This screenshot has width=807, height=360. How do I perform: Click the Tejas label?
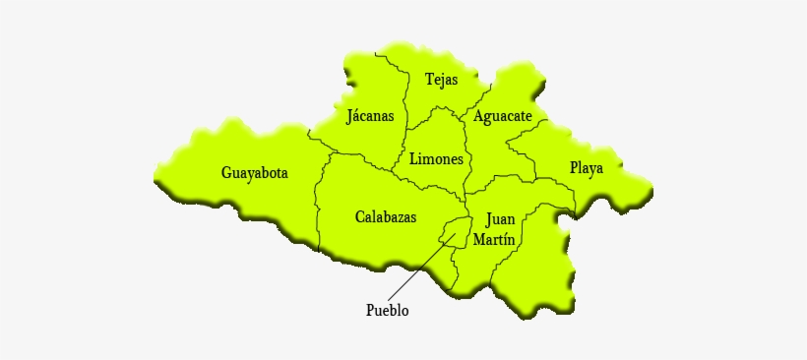(x=441, y=80)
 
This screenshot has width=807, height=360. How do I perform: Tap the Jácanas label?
(x=370, y=116)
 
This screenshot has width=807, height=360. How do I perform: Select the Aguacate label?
(x=502, y=116)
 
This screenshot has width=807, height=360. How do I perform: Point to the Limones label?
(x=436, y=158)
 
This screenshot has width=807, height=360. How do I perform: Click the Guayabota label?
(x=254, y=173)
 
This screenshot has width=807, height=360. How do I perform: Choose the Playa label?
(x=587, y=168)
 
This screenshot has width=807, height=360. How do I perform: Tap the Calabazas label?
(x=385, y=215)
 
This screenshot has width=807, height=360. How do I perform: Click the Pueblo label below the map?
(x=387, y=311)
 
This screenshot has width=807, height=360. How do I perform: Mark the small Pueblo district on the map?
(x=454, y=232)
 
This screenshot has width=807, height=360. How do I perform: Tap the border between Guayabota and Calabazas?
(x=319, y=197)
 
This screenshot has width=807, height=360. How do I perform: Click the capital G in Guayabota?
(x=226, y=173)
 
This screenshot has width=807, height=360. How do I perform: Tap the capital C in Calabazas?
(x=360, y=215)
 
